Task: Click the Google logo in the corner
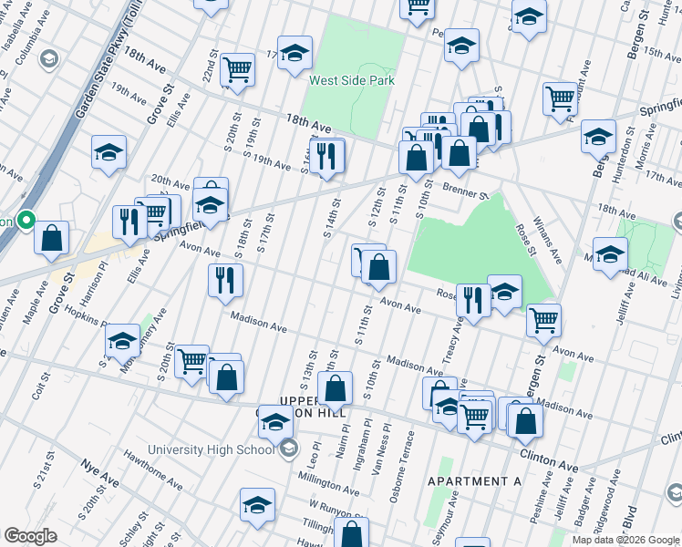click(31, 536)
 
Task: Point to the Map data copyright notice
click(625, 540)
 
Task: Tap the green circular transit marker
click(26, 221)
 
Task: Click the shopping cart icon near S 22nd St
click(237, 68)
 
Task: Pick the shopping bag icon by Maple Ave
click(52, 237)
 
